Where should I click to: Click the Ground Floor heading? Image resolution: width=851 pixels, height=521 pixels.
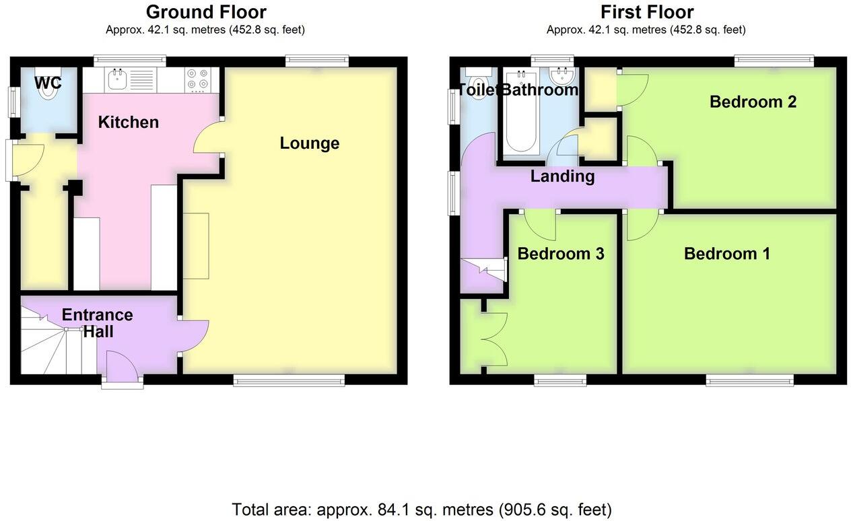pyautogui.click(x=205, y=12)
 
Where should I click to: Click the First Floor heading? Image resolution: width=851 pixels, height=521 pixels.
pyautogui.click(x=646, y=12)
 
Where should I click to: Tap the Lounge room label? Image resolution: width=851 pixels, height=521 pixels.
pyautogui.click(x=309, y=143)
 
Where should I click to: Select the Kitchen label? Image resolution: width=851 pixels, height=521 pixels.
pyautogui.click(x=129, y=123)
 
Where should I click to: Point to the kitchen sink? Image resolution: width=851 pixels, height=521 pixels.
pyautogui.click(x=116, y=80)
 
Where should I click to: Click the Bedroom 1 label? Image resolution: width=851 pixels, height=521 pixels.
pyautogui.click(x=726, y=254)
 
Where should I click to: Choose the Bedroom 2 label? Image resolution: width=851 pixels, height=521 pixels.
pyautogui.click(x=753, y=102)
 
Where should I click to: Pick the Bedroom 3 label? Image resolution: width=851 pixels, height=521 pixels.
pyautogui.click(x=560, y=254)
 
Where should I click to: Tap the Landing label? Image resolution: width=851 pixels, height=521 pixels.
pyautogui.click(x=562, y=176)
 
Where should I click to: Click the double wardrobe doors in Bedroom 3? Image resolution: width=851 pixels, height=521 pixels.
pyautogui.click(x=493, y=341)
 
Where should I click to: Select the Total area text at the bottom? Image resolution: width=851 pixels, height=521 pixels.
pyautogui.click(x=421, y=509)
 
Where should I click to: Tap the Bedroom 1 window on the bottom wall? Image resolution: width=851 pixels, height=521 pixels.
pyautogui.click(x=749, y=380)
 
